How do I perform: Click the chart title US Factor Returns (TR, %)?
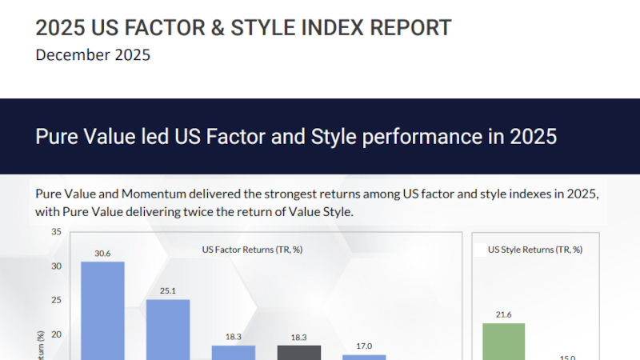(x=252, y=250)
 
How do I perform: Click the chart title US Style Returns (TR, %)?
(x=535, y=250)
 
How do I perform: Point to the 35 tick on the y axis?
(x=56, y=232)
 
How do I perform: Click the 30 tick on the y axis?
(x=56, y=266)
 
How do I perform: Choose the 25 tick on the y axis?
(x=56, y=301)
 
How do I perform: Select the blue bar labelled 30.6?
(x=102, y=312)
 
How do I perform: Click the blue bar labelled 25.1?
(x=168, y=330)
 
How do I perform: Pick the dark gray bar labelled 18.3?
(x=298, y=352)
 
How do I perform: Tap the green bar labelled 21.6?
(x=503, y=342)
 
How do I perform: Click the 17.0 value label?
(x=364, y=346)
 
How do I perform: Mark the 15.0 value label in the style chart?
(x=567, y=358)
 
